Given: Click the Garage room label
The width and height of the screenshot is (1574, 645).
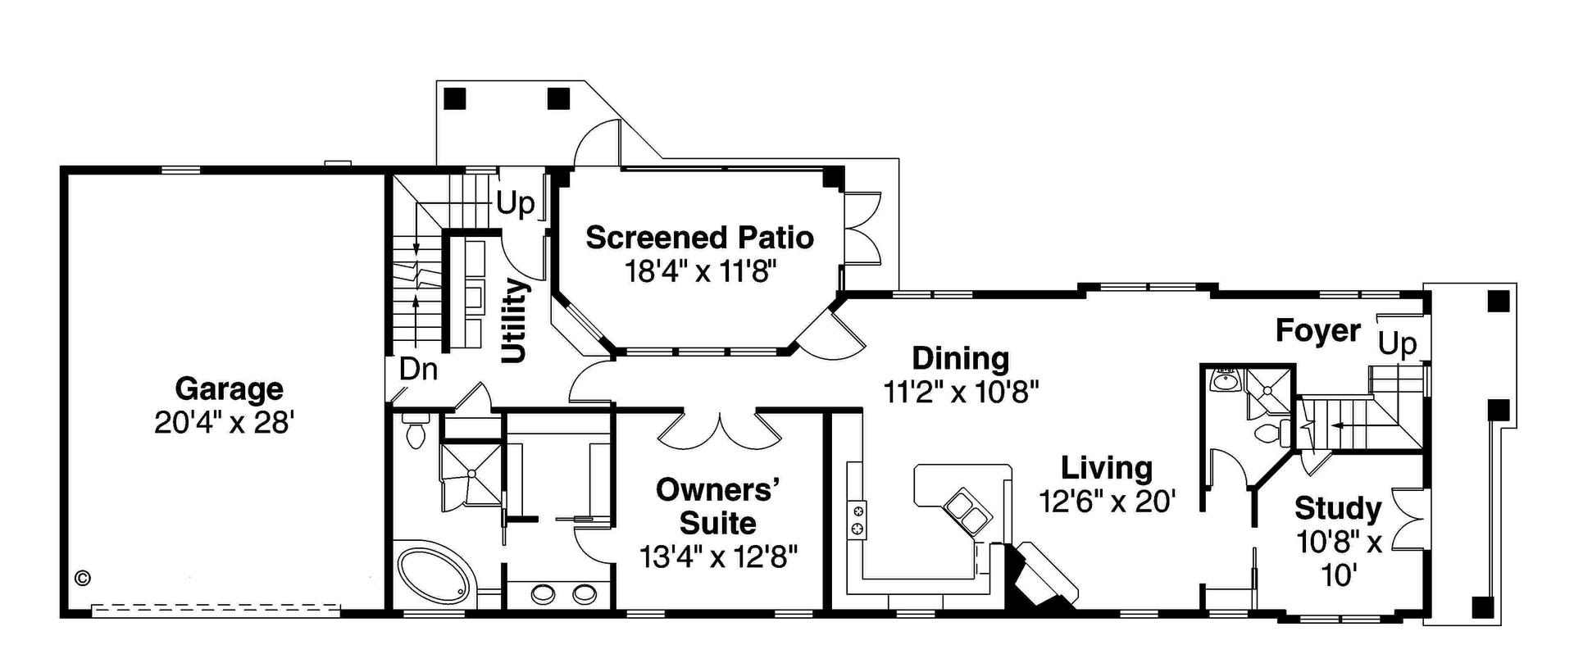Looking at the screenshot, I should tap(229, 388).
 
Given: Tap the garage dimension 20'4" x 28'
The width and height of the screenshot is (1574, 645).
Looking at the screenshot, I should tap(224, 423).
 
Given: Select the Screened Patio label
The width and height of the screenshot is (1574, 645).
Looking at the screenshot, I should tap(699, 238).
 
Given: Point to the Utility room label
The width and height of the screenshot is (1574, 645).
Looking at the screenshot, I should tap(514, 320).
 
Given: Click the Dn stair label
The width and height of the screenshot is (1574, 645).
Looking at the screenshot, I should tap(418, 370).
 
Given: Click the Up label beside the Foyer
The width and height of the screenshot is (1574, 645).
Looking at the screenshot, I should tap(1397, 343).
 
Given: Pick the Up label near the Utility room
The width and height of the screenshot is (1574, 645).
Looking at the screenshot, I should tap(515, 203).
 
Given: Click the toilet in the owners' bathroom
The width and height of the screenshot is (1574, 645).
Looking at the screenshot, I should tap(416, 431).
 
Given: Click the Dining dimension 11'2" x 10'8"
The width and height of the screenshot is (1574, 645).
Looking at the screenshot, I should tap(961, 392).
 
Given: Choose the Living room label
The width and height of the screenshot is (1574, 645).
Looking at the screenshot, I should tap(1107, 468).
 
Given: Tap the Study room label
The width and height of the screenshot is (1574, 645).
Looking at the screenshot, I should tap(1338, 508).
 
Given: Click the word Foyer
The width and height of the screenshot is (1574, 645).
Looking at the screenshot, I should tap(1317, 331).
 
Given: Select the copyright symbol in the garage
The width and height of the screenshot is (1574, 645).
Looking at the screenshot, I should tap(82, 578).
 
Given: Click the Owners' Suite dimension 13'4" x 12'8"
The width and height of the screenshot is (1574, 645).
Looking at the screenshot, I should tap(718, 557).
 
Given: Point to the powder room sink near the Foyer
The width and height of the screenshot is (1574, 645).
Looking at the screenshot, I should tap(1225, 381).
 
